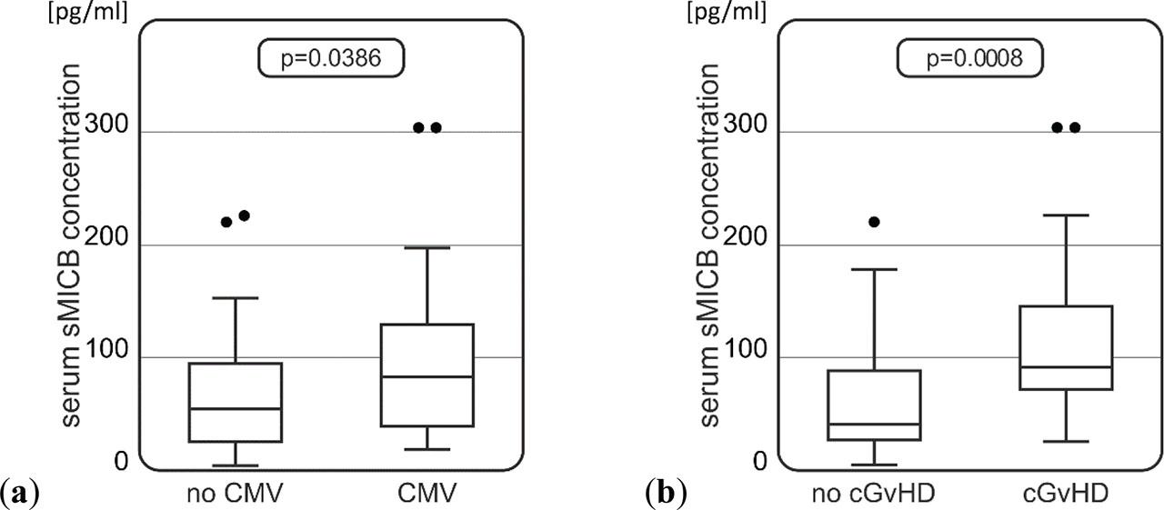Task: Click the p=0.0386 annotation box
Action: pyautogui.click(x=330, y=59)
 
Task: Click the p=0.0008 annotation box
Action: pyautogui.click(x=969, y=59)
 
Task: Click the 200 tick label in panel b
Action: pyautogui.click(x=748, y=245)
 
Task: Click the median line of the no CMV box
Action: pyautogui.click(x=236, y=409)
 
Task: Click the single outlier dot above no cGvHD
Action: pyautogui.click(x=875, y=222)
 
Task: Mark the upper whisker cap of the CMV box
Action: pyautogui.click(x=427, y=247)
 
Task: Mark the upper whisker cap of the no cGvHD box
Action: pyautogui.click(x=875, y=269)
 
